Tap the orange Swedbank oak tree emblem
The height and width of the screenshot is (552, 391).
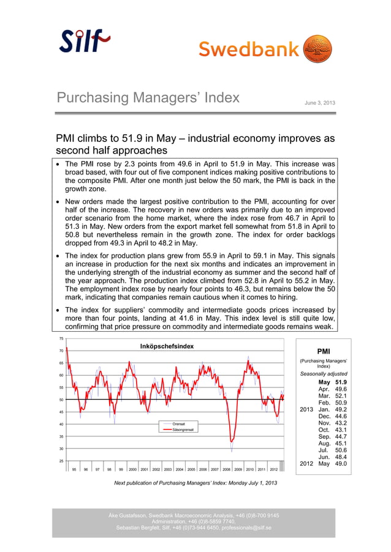coord(317,49)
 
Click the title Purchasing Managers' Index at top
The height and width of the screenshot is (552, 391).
coord(148,98)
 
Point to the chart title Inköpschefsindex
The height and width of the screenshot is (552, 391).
coord(167,346)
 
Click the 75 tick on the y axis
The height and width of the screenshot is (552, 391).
coord(61,338)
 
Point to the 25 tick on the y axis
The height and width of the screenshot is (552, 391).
coord(61,461)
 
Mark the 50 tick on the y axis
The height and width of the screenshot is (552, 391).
coord(61,400)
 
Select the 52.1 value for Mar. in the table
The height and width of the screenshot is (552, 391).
coord(341,397)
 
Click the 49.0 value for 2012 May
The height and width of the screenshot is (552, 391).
coord(341,464)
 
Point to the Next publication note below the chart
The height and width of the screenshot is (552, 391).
coord(195,483)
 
